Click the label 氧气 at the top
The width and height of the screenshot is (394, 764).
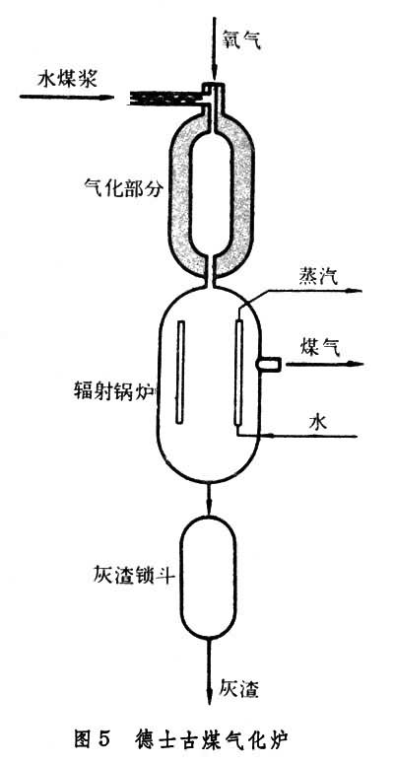pos(242,39)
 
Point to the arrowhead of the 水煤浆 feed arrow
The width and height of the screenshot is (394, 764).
pos(107,97)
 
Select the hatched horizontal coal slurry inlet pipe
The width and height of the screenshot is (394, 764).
pos(164,99)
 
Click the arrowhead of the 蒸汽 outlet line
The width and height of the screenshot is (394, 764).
pos(357,292)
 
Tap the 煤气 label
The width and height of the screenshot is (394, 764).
pos(318,349)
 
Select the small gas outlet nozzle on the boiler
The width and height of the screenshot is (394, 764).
pos(269,363)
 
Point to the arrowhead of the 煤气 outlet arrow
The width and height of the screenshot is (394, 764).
pos(357,364)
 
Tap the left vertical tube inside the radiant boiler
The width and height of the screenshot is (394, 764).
pos(180,371)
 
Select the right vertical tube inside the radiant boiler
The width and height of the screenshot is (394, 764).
pos(238,372)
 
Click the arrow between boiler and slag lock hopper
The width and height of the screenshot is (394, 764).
pos(210,499)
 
